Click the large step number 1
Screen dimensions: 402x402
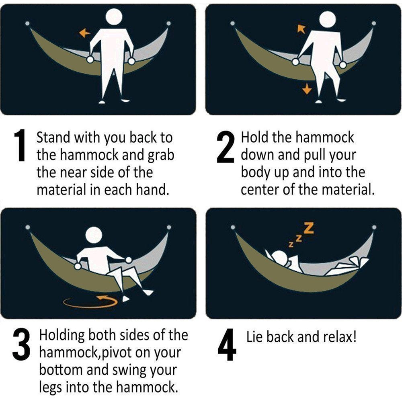click(x=20, y=145)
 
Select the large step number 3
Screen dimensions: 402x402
click(x=22, y=345)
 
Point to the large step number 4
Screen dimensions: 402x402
click(x=227, y=345)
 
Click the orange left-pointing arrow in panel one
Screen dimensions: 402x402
click(x=84, y=33)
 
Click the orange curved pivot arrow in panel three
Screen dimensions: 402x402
click(x=90, y=302)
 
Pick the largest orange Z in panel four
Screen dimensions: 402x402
click(x=309, y=228)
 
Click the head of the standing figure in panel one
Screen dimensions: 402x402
click(x=114, y=17)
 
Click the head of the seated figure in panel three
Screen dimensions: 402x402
click(x=94, y=235)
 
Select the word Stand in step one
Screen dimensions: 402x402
click(x=53, y=137)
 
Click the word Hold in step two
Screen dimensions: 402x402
click(x=255, y=137)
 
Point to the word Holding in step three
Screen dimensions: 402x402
click(x=62, y=336)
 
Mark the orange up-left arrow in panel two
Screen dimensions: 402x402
click(x=301, y=29)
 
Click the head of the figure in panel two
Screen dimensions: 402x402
click(x=327, y=19)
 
